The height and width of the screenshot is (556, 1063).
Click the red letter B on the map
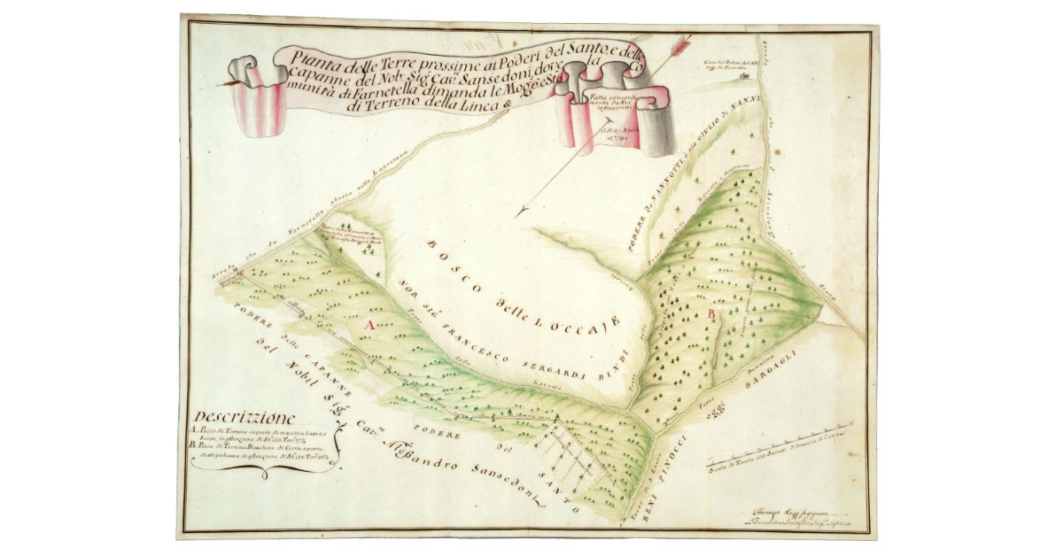[711, 314]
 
